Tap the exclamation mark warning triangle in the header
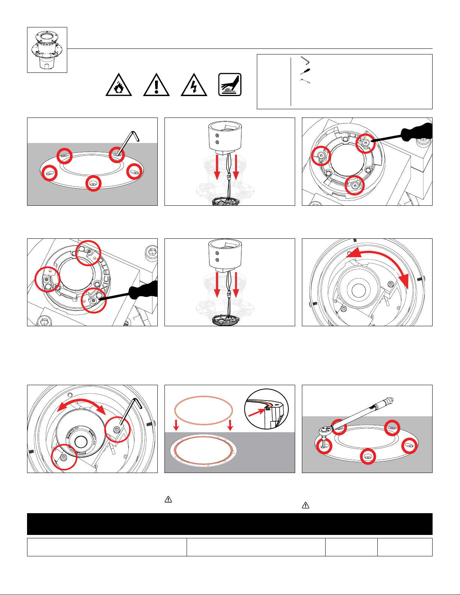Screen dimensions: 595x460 click(x=156, y=85)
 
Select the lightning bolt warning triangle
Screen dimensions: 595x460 click(x=194, y=85)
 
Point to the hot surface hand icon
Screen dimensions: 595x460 click(x=230, y=84)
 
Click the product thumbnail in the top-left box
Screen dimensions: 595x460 click(x=47, y=50)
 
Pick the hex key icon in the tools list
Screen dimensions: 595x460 click(x=305, y=60)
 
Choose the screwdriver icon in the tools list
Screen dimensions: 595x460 click(x=305, y=71)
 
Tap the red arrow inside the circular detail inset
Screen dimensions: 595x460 click(x=259, y=411)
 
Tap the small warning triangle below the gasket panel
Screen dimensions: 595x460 click(x=169, y=499)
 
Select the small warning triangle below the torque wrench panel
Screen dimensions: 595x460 click(x=306, y=506)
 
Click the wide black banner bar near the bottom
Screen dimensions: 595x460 click(x=230, y=524)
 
